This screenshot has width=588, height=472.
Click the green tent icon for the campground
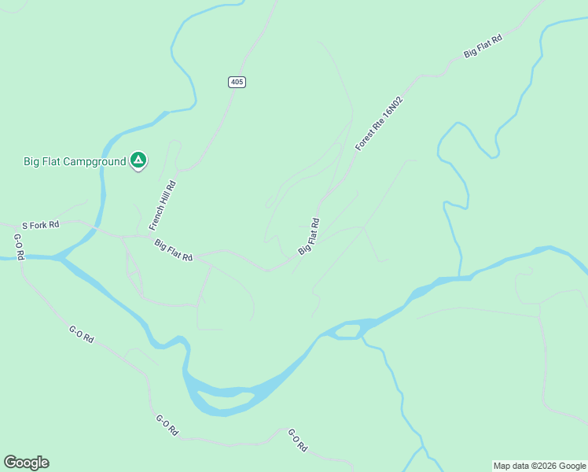tap(138, 160)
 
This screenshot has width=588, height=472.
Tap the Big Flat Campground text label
tap(75, 162)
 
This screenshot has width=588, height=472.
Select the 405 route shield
tap(237, 82)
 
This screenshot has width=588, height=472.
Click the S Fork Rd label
tap(40, 225)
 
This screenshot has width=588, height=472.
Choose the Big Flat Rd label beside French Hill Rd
tap(174, 250)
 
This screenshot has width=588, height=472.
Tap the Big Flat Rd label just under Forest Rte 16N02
tap(309, 236)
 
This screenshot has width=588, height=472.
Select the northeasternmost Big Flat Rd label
tap(483, 47)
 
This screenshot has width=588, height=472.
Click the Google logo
tap(26, 463)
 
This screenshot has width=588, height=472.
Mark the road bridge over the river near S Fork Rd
tap(97, 229)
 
